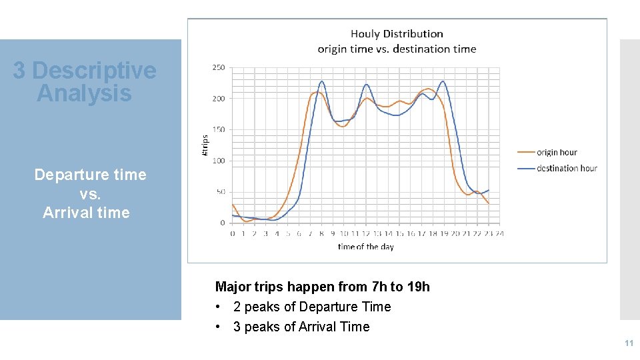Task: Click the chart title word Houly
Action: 365,34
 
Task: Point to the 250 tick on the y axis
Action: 218,67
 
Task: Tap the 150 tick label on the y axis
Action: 218,129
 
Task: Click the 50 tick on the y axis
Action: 220,192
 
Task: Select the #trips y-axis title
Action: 205,146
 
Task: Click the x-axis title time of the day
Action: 365,247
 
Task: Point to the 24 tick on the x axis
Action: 499,233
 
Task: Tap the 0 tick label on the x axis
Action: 233,233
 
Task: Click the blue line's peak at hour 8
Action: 322,81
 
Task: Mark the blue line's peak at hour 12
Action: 367,85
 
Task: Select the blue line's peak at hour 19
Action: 443,81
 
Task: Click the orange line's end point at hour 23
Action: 489,203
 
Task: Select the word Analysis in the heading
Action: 84,93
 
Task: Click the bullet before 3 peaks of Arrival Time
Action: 217,327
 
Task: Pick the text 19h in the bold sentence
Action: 418,287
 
